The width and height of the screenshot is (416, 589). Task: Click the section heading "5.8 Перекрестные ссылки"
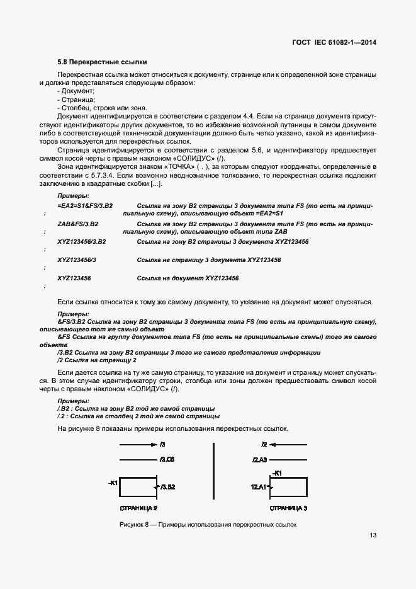click(x=101, y=62)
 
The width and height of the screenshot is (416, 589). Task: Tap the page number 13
click(x=373, y=535)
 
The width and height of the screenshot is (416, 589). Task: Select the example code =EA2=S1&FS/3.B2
click(x=84, y=206)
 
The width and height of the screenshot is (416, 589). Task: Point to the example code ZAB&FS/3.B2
click(x=77, y=224)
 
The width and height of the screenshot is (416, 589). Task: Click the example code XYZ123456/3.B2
click(x=81, y=242)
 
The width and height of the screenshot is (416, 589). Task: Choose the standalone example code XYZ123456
click(x=74, y=278)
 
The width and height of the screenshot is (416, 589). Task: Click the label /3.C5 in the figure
click(x=167, y=460)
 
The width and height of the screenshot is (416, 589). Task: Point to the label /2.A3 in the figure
click(x=261, y=460)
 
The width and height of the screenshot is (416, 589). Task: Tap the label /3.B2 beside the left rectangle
click(x=167, y=487)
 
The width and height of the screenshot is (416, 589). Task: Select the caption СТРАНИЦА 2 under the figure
click(x=138, y=507)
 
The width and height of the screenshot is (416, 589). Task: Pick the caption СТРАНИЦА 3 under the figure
click(x=288, y=507)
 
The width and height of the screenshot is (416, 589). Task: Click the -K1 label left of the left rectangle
click(x=113, y=483)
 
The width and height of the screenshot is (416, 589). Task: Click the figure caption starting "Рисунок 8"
click(x=207, y=525)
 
